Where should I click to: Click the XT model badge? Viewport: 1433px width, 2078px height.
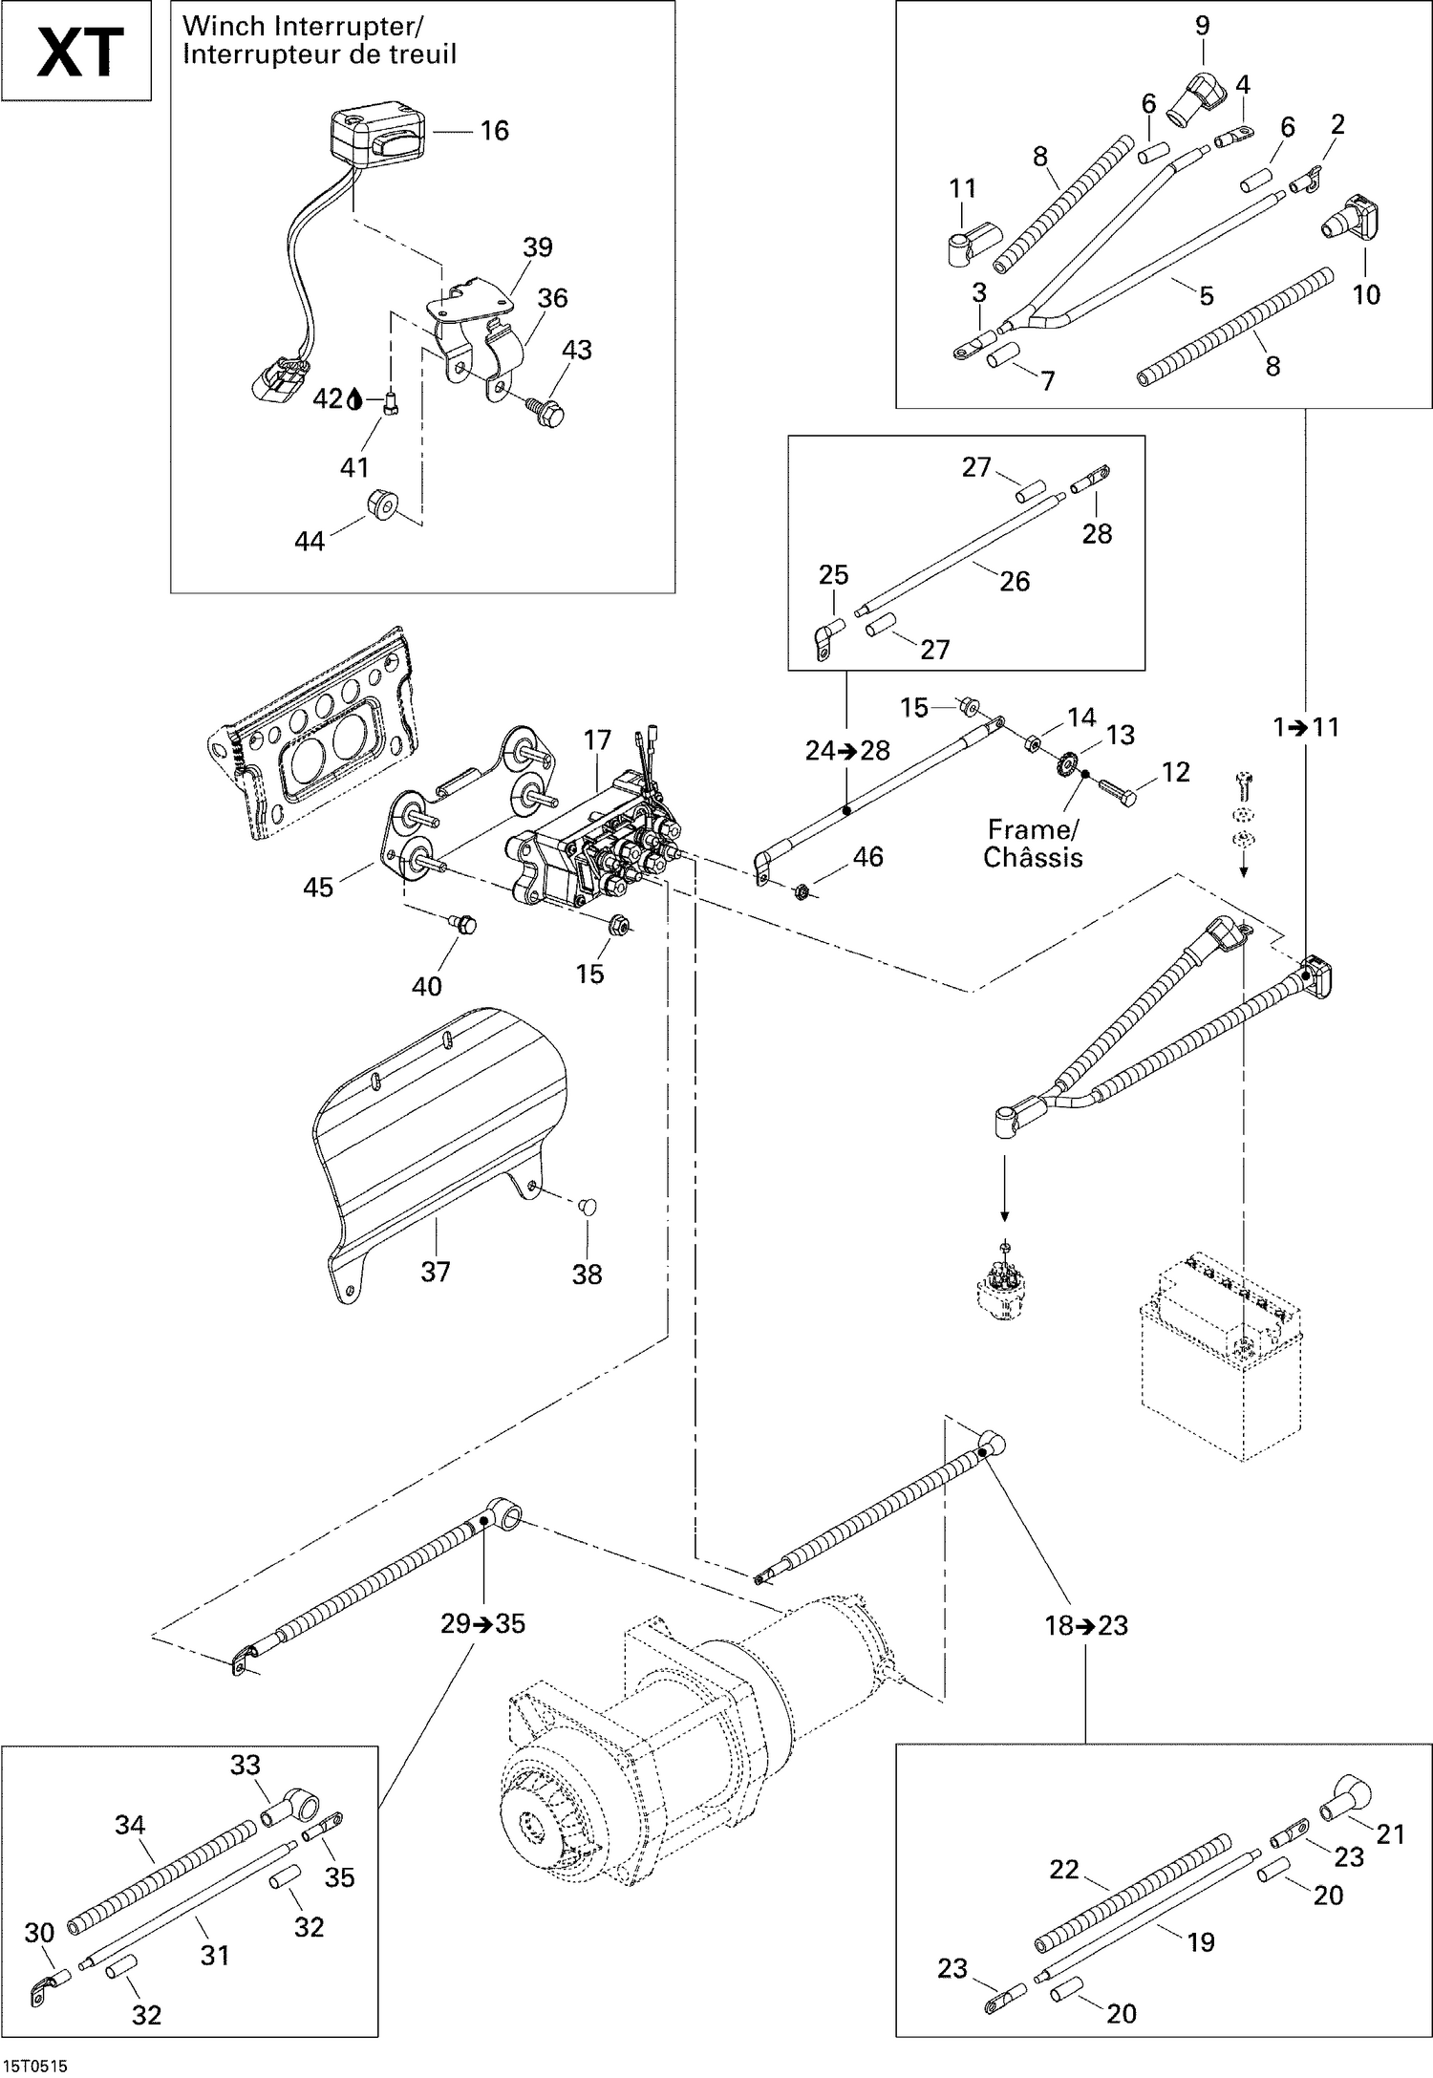click(78, 53)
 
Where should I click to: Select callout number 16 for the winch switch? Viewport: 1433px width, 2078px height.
click(494, 131)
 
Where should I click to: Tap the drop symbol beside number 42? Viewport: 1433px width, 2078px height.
click(354, 399)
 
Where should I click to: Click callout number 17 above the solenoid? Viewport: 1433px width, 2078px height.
click(597, 740)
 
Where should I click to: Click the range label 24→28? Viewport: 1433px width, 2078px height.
click(847, 751)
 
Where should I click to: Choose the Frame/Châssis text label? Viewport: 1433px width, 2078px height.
click(1033, 844)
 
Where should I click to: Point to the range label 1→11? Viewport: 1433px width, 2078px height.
click(1306, 727)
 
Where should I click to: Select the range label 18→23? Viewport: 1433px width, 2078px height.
click(1086, 1625)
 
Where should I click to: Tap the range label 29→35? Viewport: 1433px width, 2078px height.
click(483, 1623)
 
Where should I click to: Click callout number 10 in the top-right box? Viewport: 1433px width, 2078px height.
click(1366, 294)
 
